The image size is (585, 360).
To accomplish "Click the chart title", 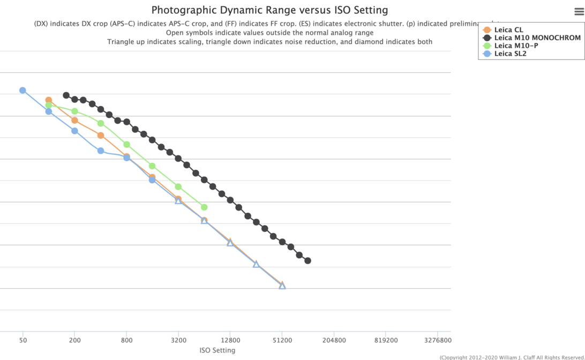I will click(269, 10).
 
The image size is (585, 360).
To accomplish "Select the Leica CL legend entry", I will click(508, 30).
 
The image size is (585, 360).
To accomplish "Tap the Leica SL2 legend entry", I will click(510, 54).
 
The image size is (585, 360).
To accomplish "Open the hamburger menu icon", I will click(578, 12).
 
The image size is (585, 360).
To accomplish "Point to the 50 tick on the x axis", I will click(22, 340).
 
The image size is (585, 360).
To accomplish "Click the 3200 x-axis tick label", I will click(178, 340).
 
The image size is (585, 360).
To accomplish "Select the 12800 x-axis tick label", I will click(230, 340).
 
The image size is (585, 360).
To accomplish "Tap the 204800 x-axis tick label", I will click(334, 340).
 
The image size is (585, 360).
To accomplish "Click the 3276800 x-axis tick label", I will click(438, 340).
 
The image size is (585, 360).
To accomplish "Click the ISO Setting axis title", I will click(217, 350).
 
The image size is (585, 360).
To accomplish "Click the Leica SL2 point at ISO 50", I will click(22, 91).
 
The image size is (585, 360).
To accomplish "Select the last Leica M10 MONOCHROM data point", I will click(308, 261).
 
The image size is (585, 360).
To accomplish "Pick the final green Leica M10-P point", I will click(204, 207).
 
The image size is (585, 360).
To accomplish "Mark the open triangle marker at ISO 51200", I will click(282, 286).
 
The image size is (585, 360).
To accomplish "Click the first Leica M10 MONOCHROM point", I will click(66, 95).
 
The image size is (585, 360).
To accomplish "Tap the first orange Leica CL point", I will click(49, 100).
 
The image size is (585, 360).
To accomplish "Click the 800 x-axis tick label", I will click(126, 340).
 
